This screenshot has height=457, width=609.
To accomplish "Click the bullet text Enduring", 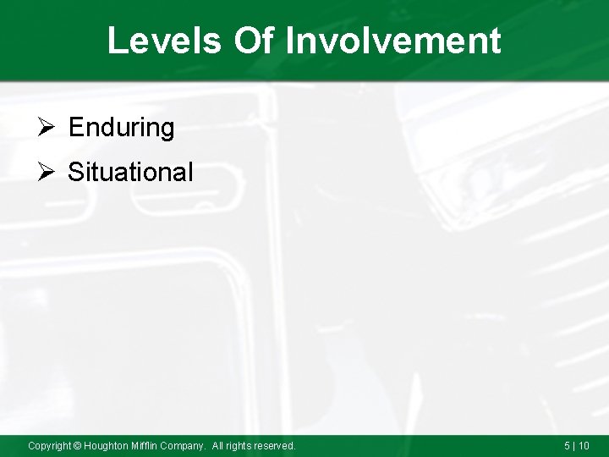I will pyautogui.click(x=121, y=128).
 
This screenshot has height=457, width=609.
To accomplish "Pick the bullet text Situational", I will pyautogui.click(x=130, y=173).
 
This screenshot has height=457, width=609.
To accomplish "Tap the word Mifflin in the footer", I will pyautogui.click(x=150, y=445).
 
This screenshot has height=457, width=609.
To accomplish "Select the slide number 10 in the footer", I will pyautogui.click(x=584, y=445).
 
